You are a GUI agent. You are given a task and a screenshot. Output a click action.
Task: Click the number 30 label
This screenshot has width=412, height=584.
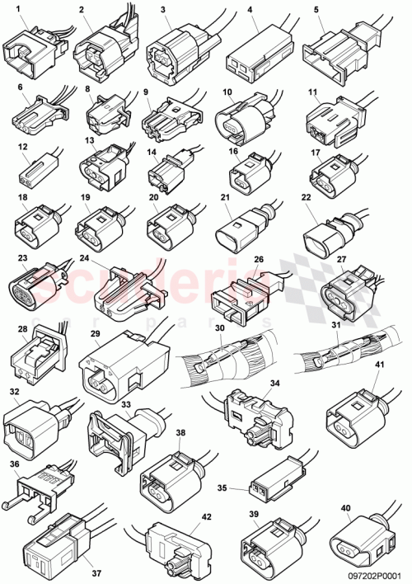pos(219,328)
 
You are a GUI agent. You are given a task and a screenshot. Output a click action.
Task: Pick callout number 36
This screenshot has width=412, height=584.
pos(14,464)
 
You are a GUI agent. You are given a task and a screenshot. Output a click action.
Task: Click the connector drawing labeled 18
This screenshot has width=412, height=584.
pos(35,223)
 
